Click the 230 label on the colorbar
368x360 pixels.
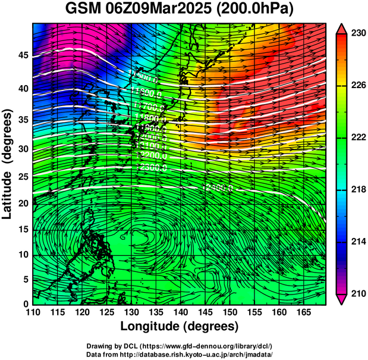(357, 34)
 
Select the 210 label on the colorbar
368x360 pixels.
(357, 293)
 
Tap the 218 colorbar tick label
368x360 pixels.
(357, 189)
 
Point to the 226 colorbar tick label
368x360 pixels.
(357, 86)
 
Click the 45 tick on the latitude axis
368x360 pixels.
(22, 55)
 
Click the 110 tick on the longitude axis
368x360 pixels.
(33, 312)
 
